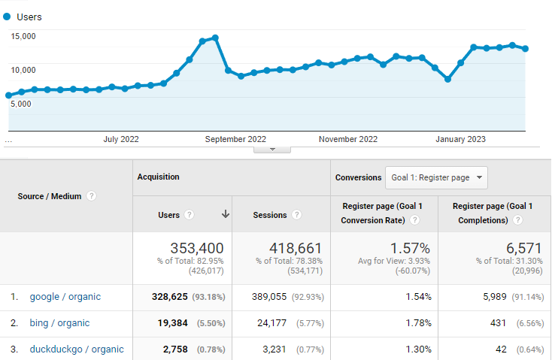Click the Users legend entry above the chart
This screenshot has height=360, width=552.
[29, 17]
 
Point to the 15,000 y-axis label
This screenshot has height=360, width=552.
[23, 36]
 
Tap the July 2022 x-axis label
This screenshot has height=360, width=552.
[121, 139]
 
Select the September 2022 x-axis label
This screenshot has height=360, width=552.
[235, 139]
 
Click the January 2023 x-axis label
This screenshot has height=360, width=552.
[461, 139]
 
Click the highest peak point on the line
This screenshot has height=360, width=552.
[215, 38]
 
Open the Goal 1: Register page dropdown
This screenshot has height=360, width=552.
[436, 178]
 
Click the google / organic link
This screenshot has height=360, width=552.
[65, 297]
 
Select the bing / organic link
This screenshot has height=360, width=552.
[59, 323]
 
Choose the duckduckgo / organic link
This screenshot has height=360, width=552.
[77, 349]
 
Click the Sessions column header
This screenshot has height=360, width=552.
[270, 215]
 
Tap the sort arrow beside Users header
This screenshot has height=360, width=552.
[225, 215]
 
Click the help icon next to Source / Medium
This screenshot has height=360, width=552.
[91, 196]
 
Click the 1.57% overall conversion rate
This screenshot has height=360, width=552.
[410, 248]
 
